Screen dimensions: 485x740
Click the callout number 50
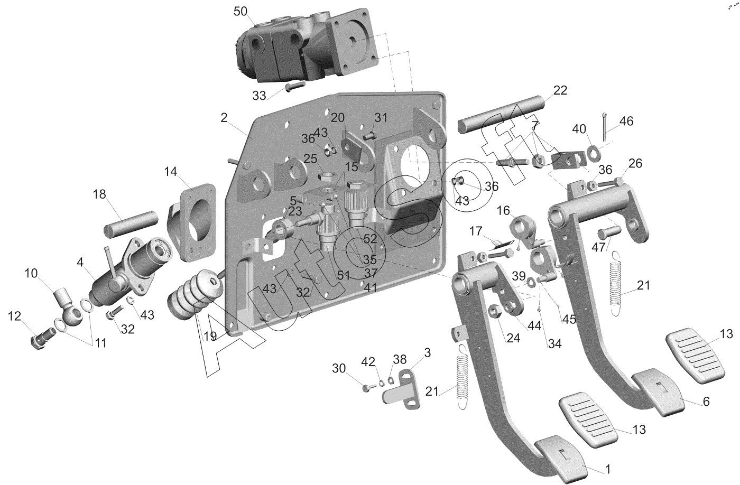tap(240, 12)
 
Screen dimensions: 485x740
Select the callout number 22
tap(560, 90)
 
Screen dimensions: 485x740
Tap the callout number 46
tap(626, 121)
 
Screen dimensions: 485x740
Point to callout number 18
tap(99, 194)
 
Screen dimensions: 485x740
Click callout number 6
tap(706, 402)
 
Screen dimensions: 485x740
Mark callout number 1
tap(608, 469)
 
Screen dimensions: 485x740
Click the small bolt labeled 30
tap(366, 388)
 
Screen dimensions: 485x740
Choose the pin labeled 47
tap(608, 232)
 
